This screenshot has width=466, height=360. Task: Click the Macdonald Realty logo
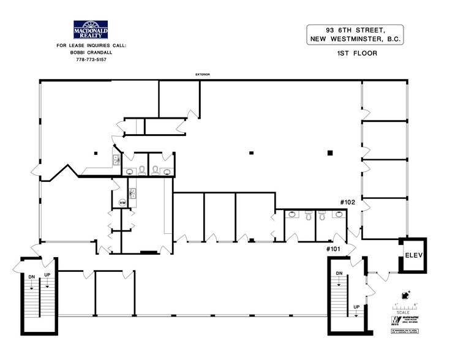pyautogui.click(x=91, y=31)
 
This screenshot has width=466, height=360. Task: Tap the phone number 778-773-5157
pyautogui.click(x=91, y=59)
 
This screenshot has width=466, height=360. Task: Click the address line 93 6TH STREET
pyautogui.click(x=355, y=30)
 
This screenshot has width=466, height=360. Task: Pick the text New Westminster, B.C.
pyautogui.click(x=355, y=40)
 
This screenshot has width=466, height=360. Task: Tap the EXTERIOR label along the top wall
pyautogui.click(x=203, y=75)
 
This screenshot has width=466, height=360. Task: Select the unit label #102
pyautogui.click(x=348, y=201)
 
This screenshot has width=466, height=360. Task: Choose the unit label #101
pyautogui.click(x=333, y=249)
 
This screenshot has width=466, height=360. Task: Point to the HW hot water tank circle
pyautogui.click(x=122, y=203)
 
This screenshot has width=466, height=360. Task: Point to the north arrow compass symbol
pyautogui.click(x=403, y=294)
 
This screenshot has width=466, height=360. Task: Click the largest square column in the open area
pyautogui.click(x=329, y=152)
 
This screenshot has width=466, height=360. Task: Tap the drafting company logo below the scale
pyautogui.click(x=404, y=320)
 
